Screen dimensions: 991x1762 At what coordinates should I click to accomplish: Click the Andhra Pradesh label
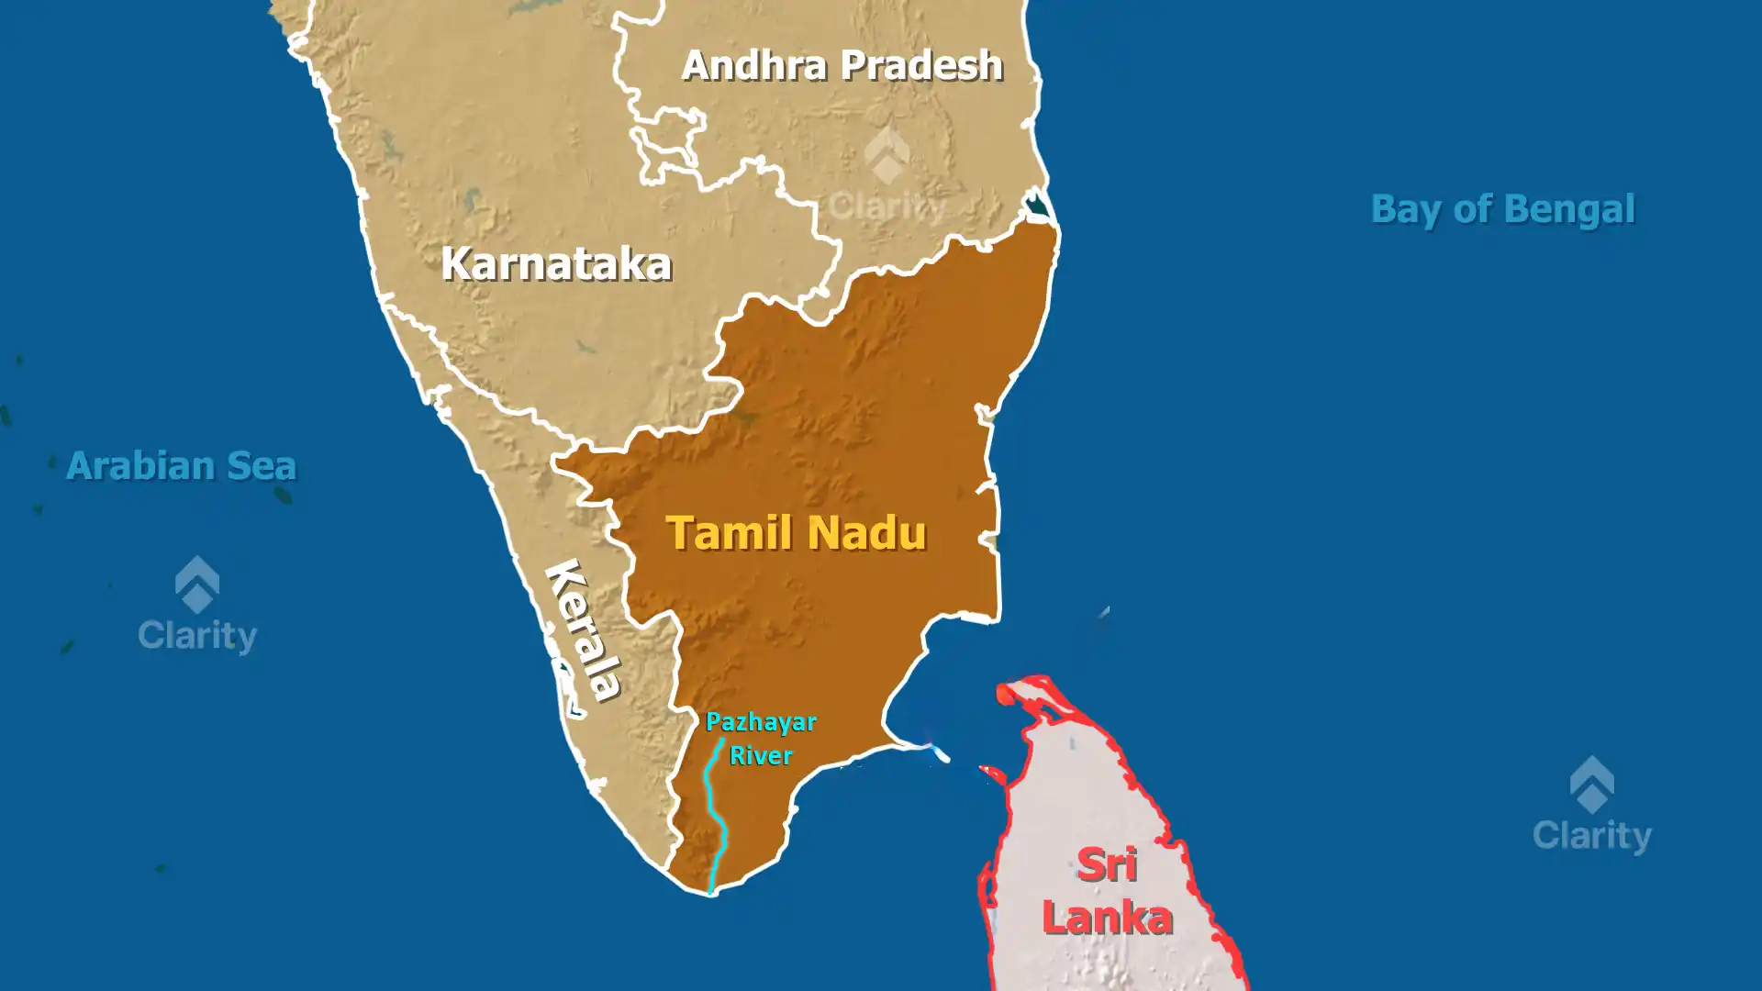tap(842, 65)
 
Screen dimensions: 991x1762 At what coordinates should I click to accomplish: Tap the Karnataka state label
tap(556, 264)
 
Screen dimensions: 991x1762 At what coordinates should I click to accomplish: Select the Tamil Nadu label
tap(796, 533)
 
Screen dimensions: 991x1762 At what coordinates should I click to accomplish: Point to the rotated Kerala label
tap(584, 629)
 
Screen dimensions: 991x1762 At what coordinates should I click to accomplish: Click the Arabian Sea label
tap(181, 466)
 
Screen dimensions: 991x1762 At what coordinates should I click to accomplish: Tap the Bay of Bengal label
tap(1502, 209)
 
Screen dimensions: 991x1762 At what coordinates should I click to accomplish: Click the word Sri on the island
tap(1107, 865)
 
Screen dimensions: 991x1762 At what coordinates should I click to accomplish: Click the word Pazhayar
tap(761, 723)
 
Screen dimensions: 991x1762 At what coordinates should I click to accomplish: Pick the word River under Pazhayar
tap(761, 756)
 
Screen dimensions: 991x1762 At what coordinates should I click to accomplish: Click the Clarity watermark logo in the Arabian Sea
tap(197, 606)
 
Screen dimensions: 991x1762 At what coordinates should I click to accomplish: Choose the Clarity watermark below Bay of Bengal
tap(1592, 806)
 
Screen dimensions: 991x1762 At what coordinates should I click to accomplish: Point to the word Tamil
tap(729, 533)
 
